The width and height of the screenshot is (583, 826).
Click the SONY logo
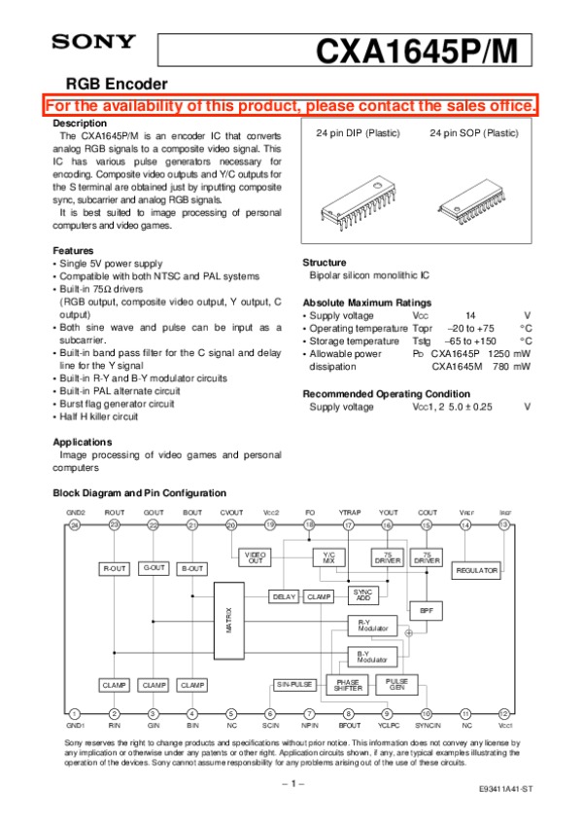(x=93, y=42)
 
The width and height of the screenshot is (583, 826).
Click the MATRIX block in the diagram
(x=229, y=620)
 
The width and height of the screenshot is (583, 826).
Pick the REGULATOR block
(x=477, y=570)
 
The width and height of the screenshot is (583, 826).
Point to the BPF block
(x=426, y=610)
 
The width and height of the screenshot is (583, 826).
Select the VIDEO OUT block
(x=255, y=557)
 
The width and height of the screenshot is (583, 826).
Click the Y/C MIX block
(x=328, y=557)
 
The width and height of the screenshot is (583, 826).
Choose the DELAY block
(x=284, y=596)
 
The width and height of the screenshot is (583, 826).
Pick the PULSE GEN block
(x=396, y=683)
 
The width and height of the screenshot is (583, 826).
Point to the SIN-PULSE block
(x=294, y=685)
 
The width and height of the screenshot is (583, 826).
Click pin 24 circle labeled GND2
(x=74, y=525)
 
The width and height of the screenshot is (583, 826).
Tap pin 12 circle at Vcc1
(x=503, y=713)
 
